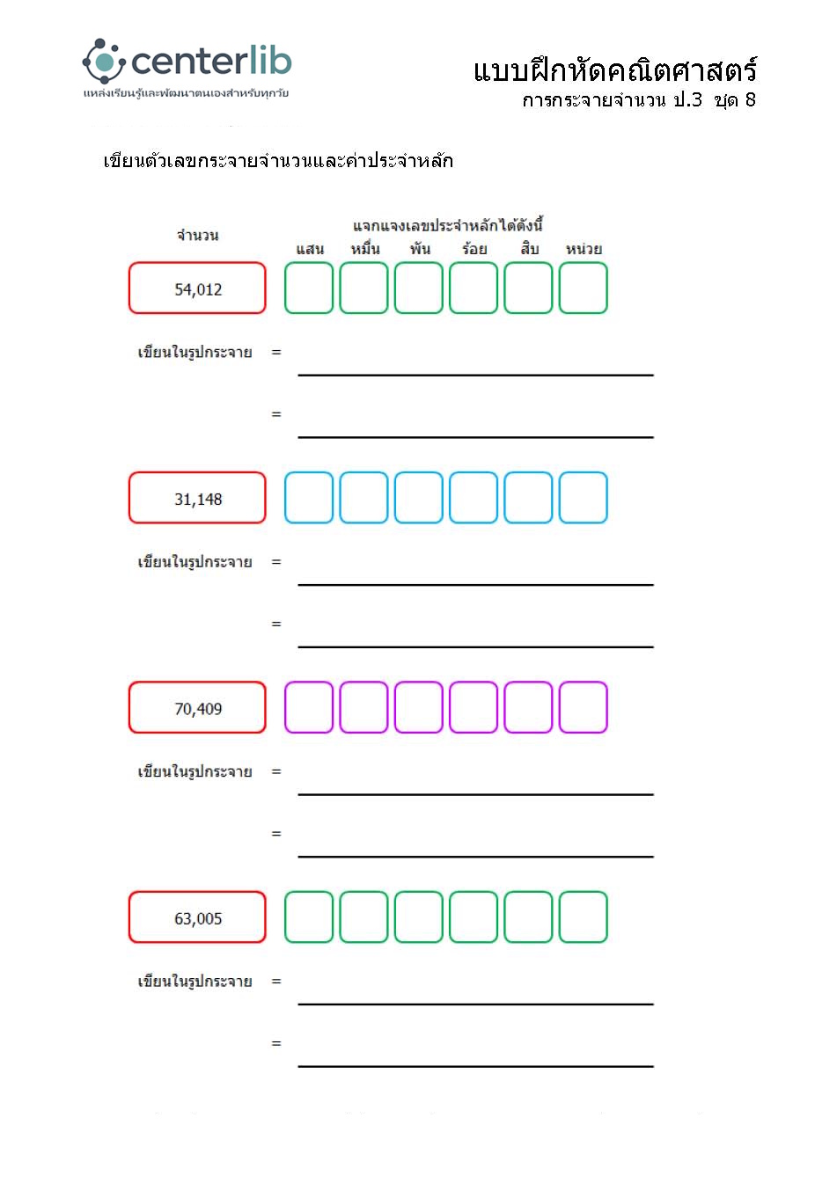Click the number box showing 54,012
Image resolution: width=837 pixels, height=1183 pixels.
(197, 288)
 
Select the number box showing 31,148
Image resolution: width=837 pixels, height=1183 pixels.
(197, 498)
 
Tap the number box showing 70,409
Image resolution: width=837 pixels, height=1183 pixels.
(197, 708)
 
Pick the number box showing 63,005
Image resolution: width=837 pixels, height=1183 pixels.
(197, 917)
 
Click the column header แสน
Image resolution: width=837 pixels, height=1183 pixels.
(310, 249)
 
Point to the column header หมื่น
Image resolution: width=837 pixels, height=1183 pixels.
(364, 249)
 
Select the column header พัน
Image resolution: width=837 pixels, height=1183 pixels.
(420, 249)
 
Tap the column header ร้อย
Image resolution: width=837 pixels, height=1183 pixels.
(474, 249)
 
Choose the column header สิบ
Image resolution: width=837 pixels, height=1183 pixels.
(529, 249)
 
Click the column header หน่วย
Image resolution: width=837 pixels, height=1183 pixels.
(584, 249)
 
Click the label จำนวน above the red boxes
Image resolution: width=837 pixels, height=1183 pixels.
(197, 235)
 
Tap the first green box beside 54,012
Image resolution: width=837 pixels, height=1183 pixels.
(309, 288)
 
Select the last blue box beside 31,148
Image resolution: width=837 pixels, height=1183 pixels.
(584, 498)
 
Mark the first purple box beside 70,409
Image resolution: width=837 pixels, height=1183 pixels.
(309, 708)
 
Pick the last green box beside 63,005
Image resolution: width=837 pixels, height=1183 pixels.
(584, 917)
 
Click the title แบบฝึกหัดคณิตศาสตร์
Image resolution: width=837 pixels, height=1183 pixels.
(614, 70)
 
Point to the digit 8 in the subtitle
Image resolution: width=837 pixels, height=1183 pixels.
(751, 100)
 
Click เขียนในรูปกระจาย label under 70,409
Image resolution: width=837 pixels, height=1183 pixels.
(195, 771)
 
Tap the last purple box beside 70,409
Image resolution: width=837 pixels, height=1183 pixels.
(584, 708)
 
